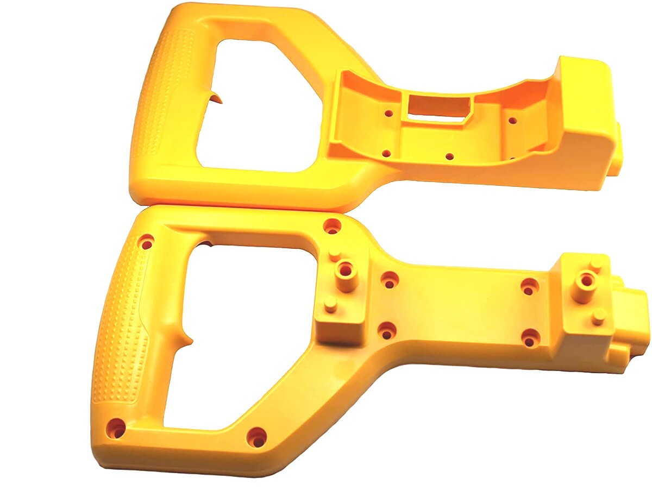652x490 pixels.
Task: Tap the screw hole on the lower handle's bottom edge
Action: pyautogui.click(x=256, y=436)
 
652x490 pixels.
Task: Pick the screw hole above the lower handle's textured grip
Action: pyautogui.click(x=146, y=242)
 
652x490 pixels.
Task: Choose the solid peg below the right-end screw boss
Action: pyautogui.click(x=598, y=317)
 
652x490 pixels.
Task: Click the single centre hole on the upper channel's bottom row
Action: pyautogui.click(x=449, y=156)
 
